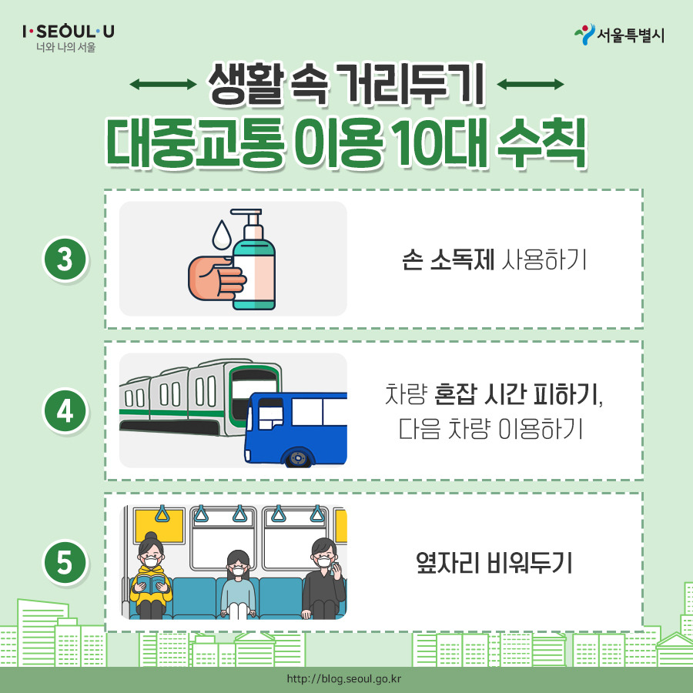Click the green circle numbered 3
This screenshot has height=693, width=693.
click(x=65, y=259)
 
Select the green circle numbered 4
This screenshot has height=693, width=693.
click(x=65, y=411)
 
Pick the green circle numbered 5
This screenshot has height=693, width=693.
click(x=65, y=563)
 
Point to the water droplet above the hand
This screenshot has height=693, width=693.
click(x=223, y=234)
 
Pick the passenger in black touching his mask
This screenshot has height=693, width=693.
click(x=323, y=577)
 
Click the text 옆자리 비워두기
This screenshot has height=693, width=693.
click(x=493, y=563)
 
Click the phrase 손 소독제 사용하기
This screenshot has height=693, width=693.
click(x=494, y=260)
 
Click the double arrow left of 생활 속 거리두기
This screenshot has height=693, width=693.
click(x=162, y=85)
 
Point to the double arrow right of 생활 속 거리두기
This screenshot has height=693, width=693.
click(x=531, y=85)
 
